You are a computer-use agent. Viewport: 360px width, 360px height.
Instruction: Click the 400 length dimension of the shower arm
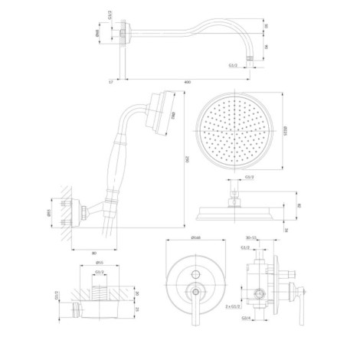[x=187, y=80]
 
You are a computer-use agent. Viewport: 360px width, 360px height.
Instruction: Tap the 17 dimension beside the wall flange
[x=112, y=80]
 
